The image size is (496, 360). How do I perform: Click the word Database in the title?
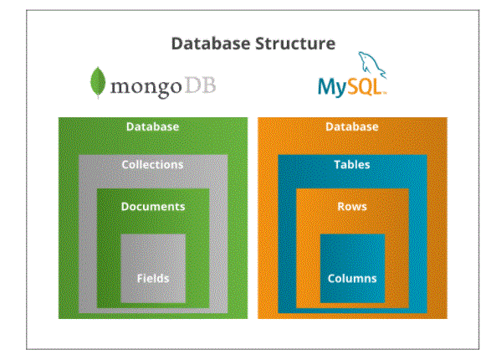(210, 44)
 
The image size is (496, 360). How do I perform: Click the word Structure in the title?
(295, 44)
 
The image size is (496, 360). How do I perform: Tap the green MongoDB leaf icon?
(98, 82)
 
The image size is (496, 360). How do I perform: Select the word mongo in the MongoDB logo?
(146, 86)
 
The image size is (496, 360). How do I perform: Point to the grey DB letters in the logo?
(201, 85)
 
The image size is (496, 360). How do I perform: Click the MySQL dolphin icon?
(371, 65)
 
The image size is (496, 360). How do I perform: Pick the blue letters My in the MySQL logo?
(332, 87)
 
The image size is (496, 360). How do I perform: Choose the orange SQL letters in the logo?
(365, 86)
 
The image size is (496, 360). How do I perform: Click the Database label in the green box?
(153, 126)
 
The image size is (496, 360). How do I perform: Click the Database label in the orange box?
(352, 126)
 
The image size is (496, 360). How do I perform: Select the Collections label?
(152, 165)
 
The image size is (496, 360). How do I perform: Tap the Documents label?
(153, 207)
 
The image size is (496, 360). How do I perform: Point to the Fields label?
(153, 278)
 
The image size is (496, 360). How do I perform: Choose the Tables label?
(352, 165)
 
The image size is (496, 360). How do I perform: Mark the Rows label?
(352, 207)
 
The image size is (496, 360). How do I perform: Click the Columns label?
(352, 278)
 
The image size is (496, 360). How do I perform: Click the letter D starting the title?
(177, 44)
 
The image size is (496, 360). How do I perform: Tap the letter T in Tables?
(337, 164)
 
